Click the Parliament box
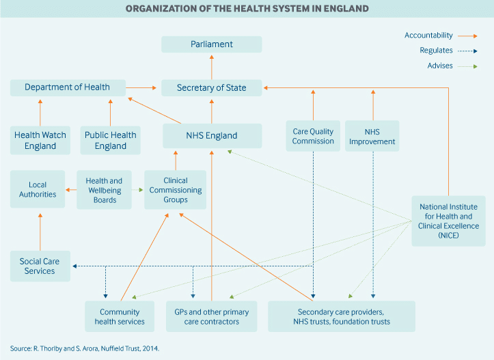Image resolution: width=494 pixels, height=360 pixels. click(211, 44)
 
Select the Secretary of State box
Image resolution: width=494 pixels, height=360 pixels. click(211, 87)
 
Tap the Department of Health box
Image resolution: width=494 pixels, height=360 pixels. click(68, 87)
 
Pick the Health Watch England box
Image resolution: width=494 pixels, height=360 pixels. click(40, 140)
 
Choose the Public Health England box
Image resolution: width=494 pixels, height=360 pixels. click(111, 140)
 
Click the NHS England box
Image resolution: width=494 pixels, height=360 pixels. click(211, 135)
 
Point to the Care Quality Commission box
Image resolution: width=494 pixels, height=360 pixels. click(313, 135)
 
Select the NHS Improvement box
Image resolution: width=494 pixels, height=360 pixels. click(372, 135)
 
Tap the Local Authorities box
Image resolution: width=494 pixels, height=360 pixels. click(38, 189)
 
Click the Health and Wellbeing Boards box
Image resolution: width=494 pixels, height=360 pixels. click(104, 189)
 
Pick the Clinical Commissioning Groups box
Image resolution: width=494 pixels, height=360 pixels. click(176, 189)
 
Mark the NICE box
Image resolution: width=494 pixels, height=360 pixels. click(449, 221)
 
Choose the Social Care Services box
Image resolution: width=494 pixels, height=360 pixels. click(40, 266)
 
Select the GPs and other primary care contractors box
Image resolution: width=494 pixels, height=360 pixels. click(211, 316)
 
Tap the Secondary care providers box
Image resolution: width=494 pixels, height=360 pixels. click(341, 316)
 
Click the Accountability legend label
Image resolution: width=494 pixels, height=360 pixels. click(428, 35)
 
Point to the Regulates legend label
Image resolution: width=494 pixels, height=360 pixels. click(436, 50)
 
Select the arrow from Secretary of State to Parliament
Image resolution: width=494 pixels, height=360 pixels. click(211, 66)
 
